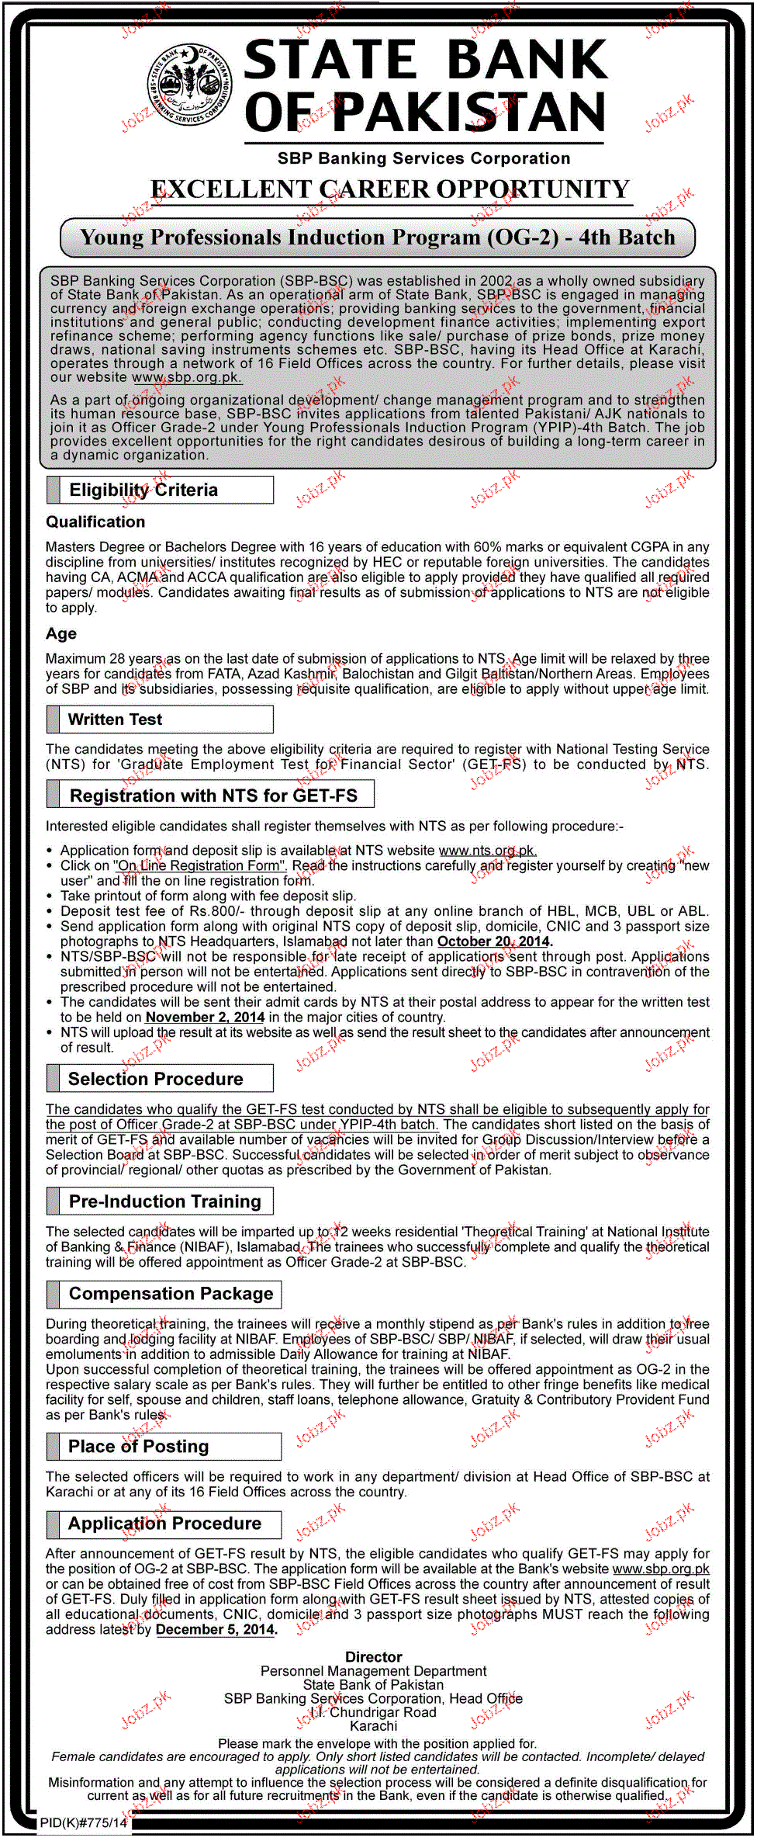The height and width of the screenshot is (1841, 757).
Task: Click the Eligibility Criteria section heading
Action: point(143,490)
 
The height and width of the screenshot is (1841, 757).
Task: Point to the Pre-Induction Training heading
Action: point(164,1201)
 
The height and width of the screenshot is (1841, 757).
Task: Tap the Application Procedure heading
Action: point(164,1524)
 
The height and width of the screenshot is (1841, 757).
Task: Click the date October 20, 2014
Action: point(494,941)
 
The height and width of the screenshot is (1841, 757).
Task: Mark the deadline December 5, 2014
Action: point(216,1629)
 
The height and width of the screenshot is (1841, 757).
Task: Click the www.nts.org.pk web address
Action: point(488,851)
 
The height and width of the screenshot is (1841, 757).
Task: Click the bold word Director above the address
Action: point(374,1657)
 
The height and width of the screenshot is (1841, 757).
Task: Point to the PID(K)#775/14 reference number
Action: point(84,1822)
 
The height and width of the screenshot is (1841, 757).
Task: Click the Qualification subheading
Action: point(95,522)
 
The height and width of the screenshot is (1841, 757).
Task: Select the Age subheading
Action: point(61,634)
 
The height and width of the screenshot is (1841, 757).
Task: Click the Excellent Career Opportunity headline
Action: point(390,189)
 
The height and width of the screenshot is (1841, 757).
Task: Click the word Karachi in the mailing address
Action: point(374,1726)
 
